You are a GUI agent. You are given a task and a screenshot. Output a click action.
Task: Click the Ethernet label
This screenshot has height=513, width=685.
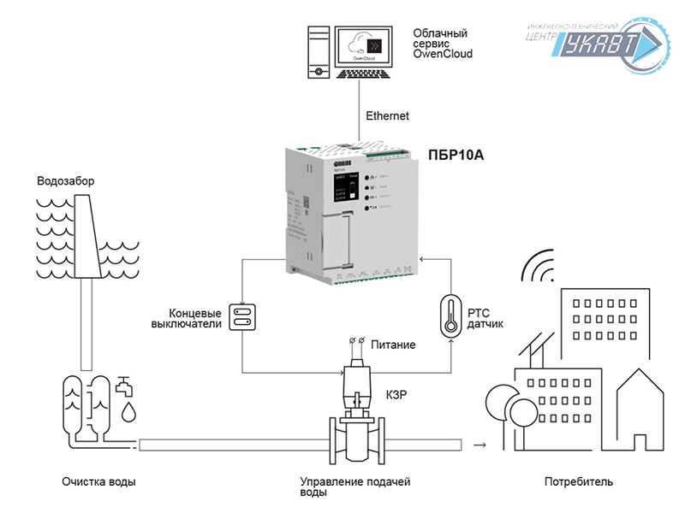pyautogui.click(x=387, y=115)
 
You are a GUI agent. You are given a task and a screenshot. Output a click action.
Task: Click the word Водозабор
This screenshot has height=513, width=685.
pyautogui.click(x=66, y=181)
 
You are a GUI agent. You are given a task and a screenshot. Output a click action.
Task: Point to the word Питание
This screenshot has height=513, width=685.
pyautogui.click(x=393, y=345)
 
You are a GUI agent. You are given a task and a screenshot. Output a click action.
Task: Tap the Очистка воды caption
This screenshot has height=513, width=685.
pyautogui.click(x=98, y=481)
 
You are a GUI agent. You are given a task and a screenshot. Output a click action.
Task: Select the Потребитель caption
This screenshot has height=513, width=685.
pyautogui.click(x=579, y=481)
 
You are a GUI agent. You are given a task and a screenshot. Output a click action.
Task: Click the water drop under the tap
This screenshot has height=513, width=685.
pyautogui.click(x=128, y=414)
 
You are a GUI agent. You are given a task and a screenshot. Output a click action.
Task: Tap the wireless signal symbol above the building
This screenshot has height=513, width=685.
pyautogui.click(x=537, y=267)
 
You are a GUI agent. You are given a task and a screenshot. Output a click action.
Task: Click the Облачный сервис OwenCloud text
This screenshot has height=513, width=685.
pyautogui.click(x=443, y=44)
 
